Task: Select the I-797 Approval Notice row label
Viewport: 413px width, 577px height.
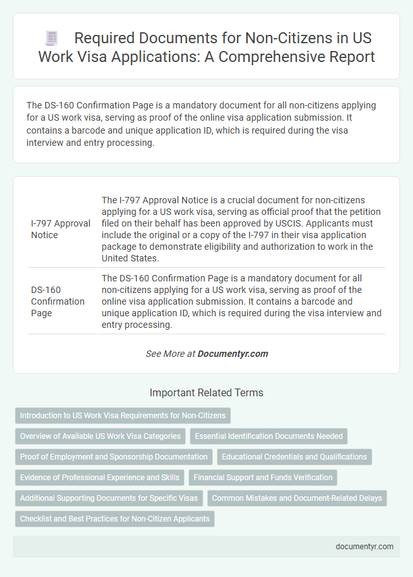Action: [x=61, y=229]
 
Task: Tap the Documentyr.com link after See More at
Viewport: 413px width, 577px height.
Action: [x=232, y=354]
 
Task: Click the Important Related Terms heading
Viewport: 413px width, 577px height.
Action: [x=206, y=392]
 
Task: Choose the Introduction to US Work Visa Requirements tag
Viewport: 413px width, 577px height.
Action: [x=123, y=416]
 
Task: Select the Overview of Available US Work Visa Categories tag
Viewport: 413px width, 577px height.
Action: [x=101, y=436]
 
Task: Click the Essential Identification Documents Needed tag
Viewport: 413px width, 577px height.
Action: [x=268, y=436]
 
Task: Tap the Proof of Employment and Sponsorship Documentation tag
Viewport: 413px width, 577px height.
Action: [x=114, y=457]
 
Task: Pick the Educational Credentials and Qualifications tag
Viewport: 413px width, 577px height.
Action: [x=294, y=457]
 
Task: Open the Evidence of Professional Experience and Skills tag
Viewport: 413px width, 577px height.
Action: [x=99, y=478]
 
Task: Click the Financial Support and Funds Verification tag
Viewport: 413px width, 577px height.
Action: [x=263, y=478]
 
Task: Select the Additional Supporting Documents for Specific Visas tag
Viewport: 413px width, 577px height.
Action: [x=108, y=498]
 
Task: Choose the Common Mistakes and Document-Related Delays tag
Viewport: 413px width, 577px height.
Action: [x=297, y=498]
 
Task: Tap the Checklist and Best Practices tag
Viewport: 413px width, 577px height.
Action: [x=115, y=519]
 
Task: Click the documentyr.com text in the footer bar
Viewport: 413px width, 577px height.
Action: [x=365, y=546]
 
